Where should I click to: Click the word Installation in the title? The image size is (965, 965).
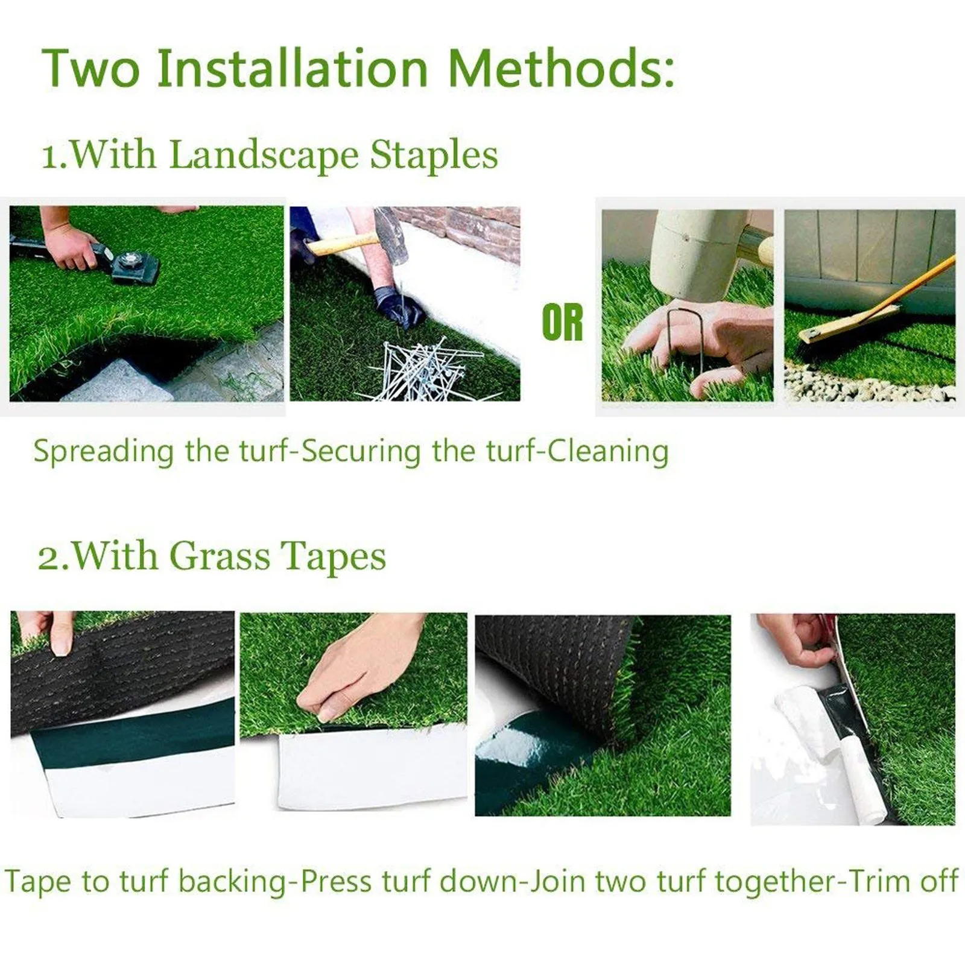pos(292,68)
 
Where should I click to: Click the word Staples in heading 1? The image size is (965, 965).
pos(434,155)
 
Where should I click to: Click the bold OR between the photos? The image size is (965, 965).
pos(562,323)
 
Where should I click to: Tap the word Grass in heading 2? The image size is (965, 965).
pos(220,556)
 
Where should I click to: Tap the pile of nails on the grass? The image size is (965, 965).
pos(422,368)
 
